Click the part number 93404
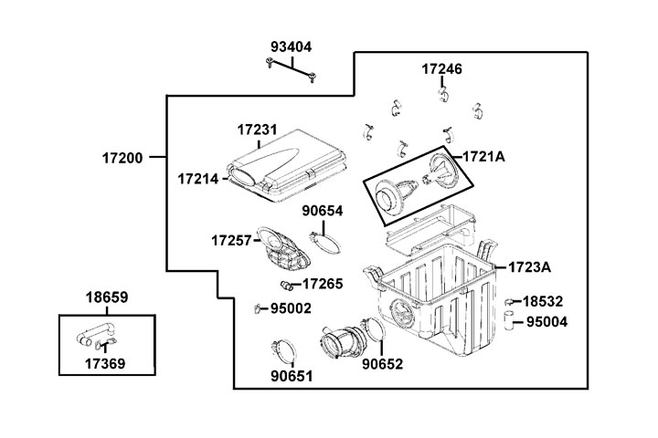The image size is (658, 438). (x=292, y=47)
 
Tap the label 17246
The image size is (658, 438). (x=441, y=68)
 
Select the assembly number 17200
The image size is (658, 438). (x=122, y=158)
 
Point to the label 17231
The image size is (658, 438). (x=257, y=131)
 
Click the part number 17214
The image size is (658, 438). (x=198, y=179)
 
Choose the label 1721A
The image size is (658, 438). (x=484, y=156)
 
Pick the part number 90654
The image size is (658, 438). (x=323, y=211)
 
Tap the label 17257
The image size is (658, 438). (x=231, y=240)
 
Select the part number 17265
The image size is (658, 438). (x=324, y=284)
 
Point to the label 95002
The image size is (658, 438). (x=292, y=308)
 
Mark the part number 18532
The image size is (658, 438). (x=543, y=300)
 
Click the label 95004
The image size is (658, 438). (x=547, y=321)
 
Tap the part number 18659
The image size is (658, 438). (x=107, y=297)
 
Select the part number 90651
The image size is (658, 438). (x=292, y=374)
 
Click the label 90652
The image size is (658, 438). (x=381, y=363)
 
